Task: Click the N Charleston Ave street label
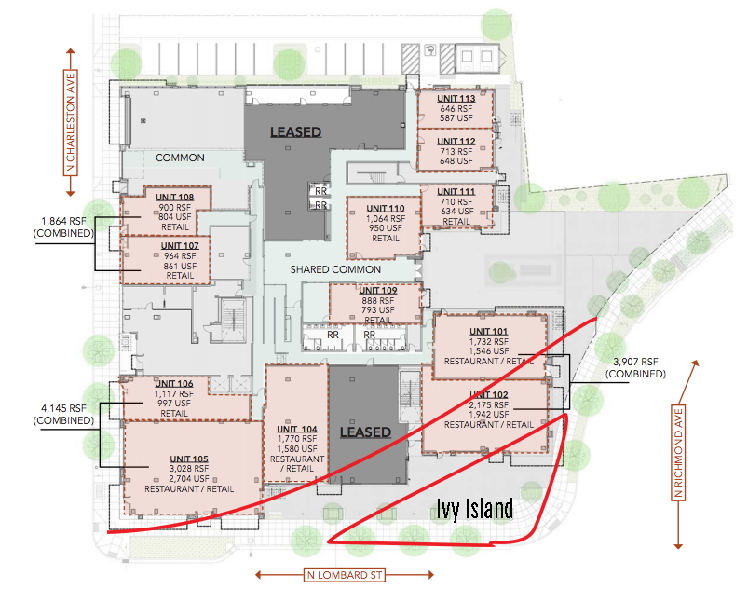point(71,123)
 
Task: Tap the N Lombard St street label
point(345,575)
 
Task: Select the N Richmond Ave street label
point(678,453)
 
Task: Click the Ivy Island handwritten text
point(475,509)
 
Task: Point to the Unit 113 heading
point(456,99)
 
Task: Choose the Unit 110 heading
point(386,208)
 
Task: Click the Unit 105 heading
point(189,459)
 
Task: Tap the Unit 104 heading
point(297,429)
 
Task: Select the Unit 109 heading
point(378,290)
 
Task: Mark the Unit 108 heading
point(174,198)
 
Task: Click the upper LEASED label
point(296,132)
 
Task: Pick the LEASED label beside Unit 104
point(365,432)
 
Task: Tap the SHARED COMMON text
point(335,269)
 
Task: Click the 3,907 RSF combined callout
point(635,367)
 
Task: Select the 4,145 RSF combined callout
point(63,415)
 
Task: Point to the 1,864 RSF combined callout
point(63,226)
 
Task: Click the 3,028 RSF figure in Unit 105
point(189,469)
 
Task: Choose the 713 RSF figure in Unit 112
point(456,151)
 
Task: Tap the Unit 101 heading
point(488,332)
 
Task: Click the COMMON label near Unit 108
point(180,158)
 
